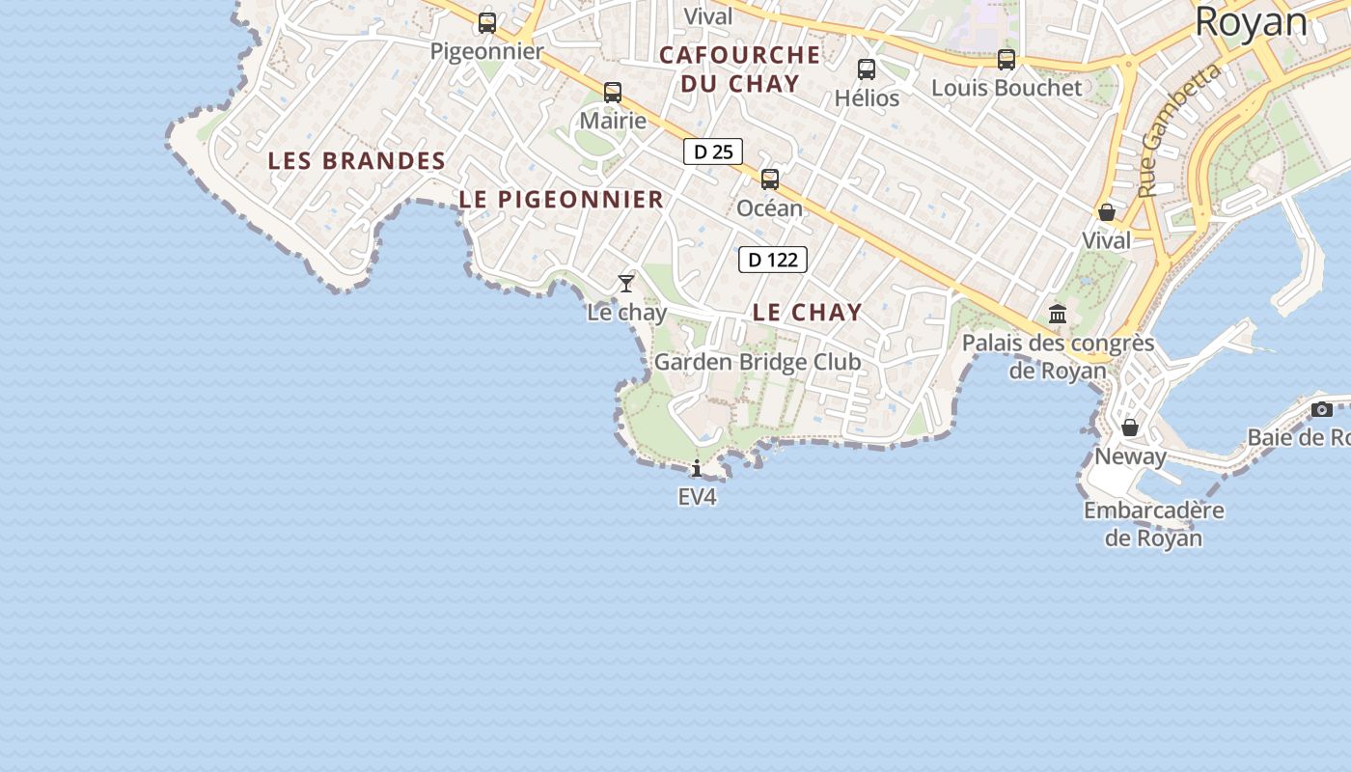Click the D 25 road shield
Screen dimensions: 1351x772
coord(713,152)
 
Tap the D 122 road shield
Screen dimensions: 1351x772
coord(773,260)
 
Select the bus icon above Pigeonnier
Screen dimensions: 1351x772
coord(487,23)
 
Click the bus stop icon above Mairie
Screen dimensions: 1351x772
coord(613,93)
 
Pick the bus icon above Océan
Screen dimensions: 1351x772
coord(770,179)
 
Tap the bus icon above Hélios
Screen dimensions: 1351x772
coord(867,69)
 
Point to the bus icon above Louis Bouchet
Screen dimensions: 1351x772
coord(1006,60)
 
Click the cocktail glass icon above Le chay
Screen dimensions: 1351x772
coord(626,284)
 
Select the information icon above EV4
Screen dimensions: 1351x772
coord(697,469)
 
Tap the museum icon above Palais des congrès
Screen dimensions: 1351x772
coord(1058,315)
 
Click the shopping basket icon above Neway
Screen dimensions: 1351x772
coord(1130,427)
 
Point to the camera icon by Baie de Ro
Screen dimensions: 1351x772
coord(1322,409)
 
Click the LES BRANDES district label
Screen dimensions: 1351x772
coord(357,161)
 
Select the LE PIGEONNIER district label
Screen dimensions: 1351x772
coord(562,200)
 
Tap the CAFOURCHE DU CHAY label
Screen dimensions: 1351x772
coord(740,69)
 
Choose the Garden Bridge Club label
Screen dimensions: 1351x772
coord(758,362)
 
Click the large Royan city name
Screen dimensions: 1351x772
coord(1252,22)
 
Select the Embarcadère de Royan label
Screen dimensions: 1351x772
coord(1154,524)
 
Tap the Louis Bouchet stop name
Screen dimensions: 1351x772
coord(1006,88)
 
